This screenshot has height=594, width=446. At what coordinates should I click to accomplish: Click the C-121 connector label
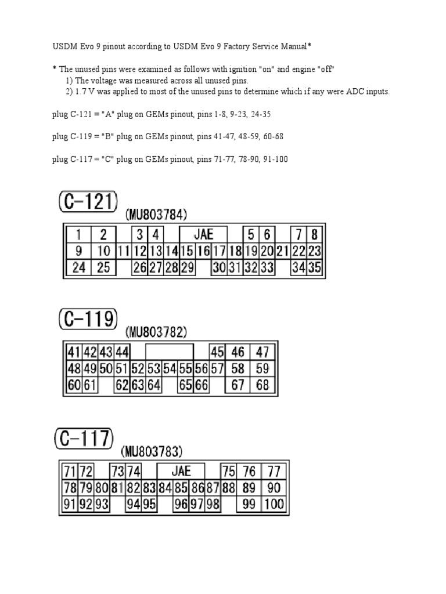tap(88, 203)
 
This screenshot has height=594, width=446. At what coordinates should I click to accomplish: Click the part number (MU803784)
tap(156, 215)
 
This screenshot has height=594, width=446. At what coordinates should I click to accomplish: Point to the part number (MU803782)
tap(156, 332)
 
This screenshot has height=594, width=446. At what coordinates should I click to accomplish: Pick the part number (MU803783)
tap(152, 451)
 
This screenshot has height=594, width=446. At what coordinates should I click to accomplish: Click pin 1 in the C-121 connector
tap(78, 235)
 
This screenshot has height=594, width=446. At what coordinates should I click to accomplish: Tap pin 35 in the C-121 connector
tap(314, 267)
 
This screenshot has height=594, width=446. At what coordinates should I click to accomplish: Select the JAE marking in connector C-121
tap(203, 234)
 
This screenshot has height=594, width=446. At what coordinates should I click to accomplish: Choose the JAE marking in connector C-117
tap(181, 470)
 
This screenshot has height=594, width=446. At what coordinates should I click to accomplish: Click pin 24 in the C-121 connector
tap(78, 267)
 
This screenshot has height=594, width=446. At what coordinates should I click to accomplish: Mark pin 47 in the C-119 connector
tap(262, 352)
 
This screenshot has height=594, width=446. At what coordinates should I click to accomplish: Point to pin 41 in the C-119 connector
tap(73, 352)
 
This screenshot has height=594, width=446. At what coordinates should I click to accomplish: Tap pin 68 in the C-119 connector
tap(262, 385)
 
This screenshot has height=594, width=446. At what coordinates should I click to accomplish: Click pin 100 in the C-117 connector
tap(274, 504)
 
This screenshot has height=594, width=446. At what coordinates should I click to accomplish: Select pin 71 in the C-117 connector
tap(70, 470)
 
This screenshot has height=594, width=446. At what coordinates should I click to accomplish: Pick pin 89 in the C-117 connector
tap(249, 487)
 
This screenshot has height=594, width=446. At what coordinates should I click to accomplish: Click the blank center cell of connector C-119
tap(170, 352)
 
